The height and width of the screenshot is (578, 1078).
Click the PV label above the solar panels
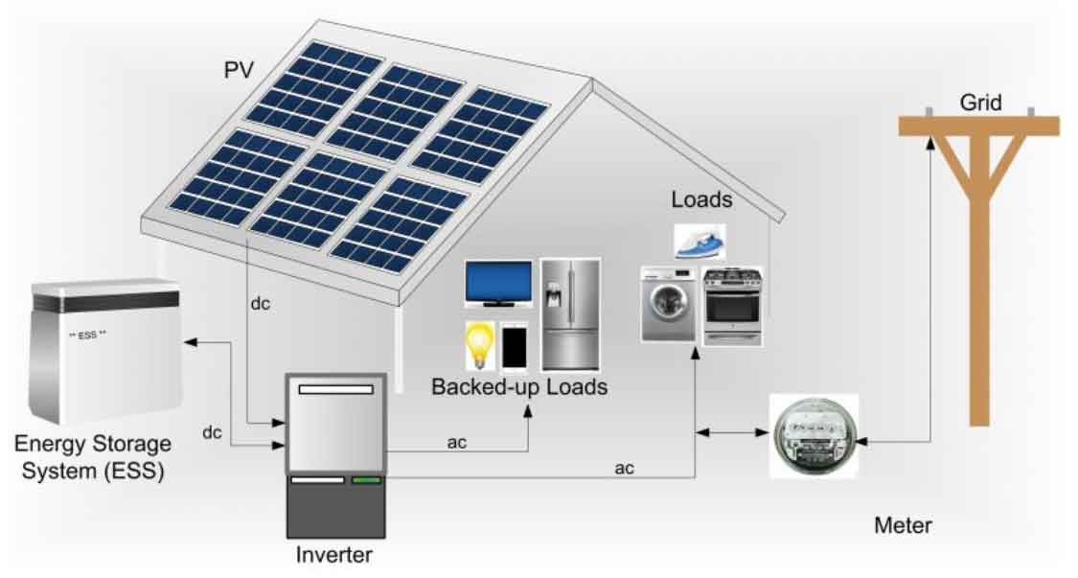pos(239,70)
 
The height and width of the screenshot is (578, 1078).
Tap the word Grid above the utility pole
pos(980,103)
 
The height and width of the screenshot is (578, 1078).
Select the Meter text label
pos(903,525)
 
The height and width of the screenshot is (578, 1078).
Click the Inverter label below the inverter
pos(334,554)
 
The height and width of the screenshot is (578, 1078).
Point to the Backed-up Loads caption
pos(519,386)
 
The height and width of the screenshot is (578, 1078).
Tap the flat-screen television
pos(498,284)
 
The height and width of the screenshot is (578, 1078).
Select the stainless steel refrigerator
pos(570,315)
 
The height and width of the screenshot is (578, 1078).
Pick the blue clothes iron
pos(700,243)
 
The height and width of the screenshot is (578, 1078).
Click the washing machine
pos(668,304)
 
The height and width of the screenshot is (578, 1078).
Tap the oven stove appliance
pos(732,306)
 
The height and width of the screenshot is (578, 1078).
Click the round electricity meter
pos(814,435)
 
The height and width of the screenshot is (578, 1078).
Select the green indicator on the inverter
pos(366,480)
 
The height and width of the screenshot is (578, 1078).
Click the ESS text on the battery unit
pos(87,335)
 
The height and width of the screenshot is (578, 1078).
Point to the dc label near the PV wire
pos(260,304)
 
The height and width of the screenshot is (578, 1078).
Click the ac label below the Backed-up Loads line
pos(456,443)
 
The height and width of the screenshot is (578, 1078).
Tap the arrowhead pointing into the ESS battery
pos(190,341)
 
